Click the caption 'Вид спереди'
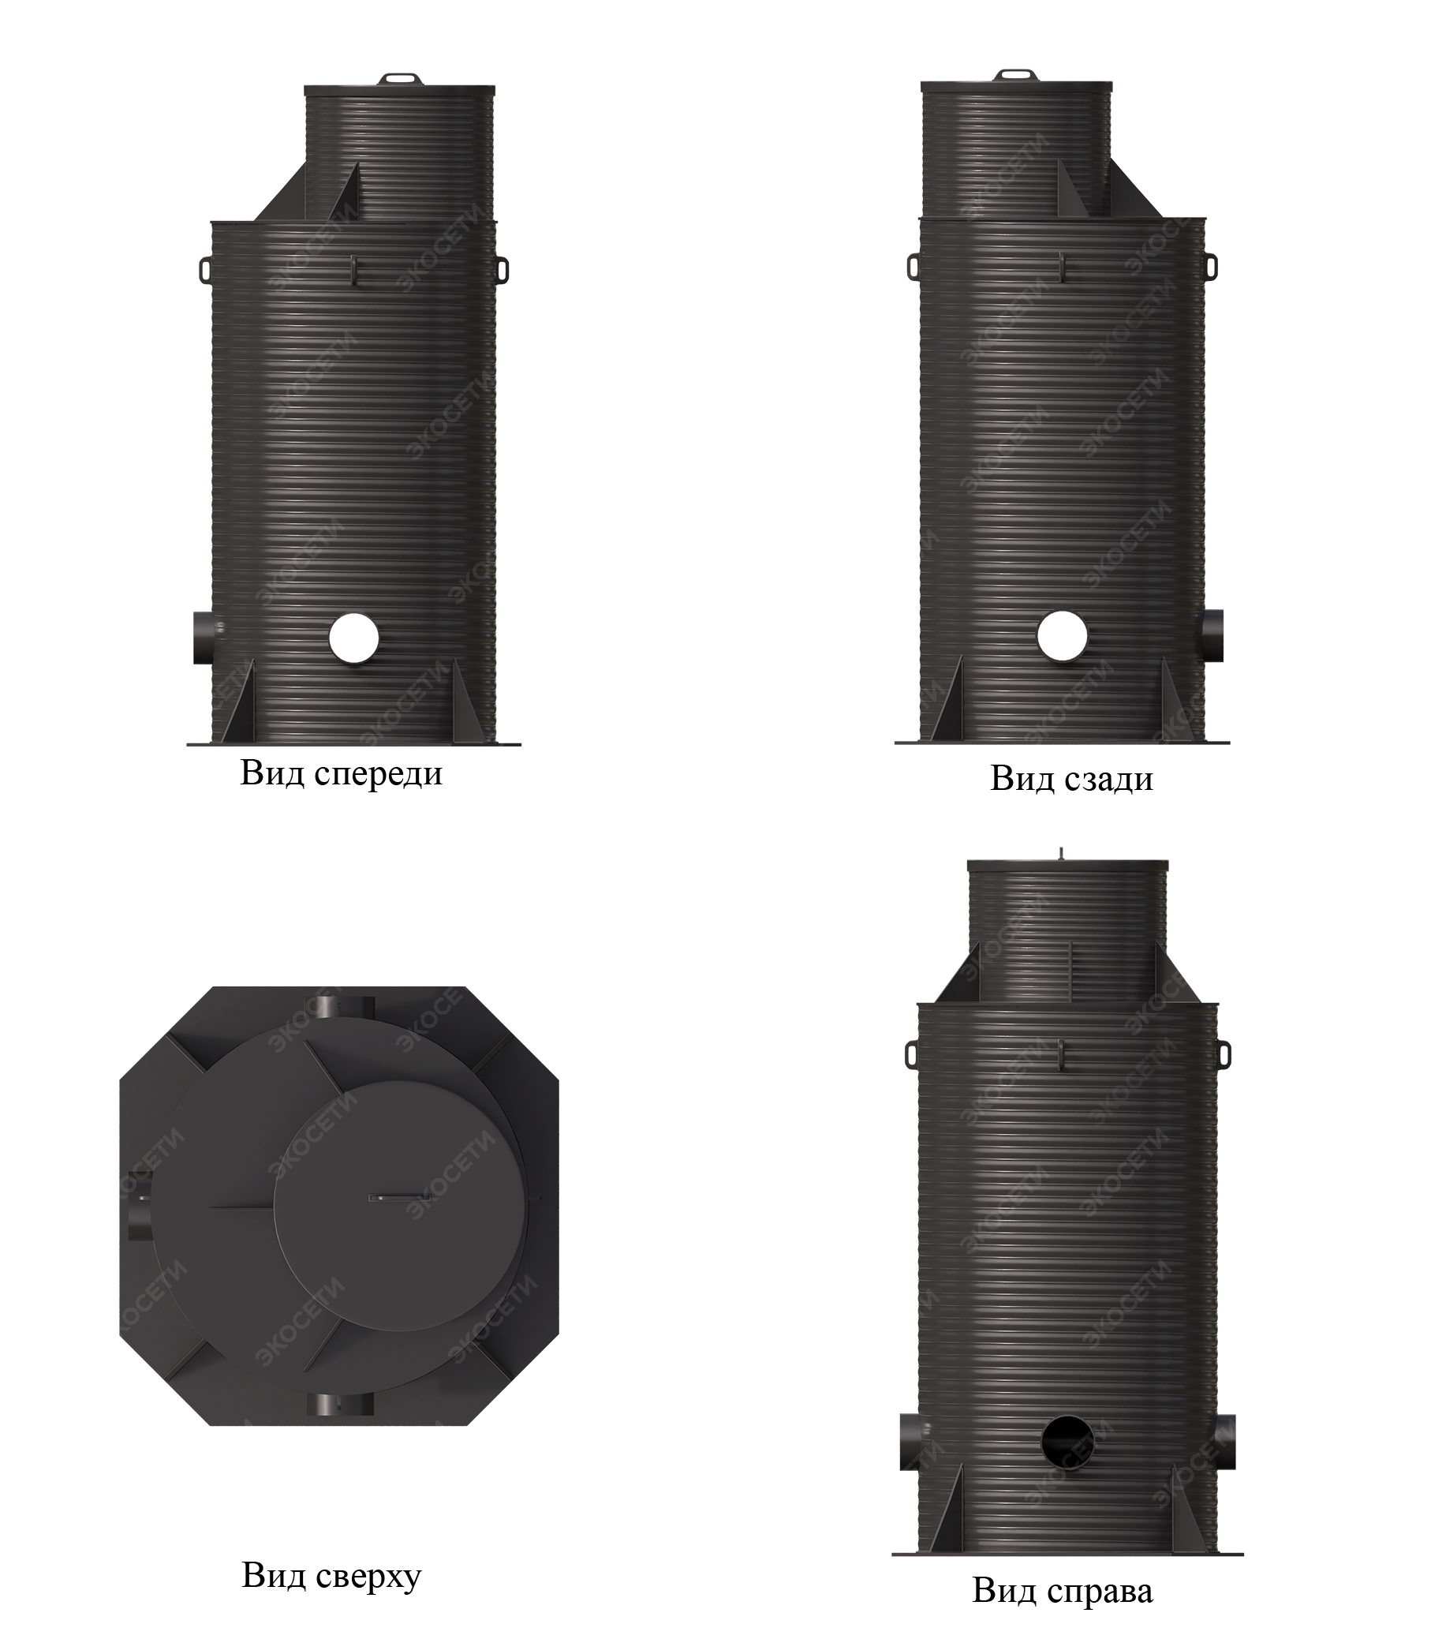pyautogui.click(x=341, y=775)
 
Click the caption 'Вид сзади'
pyautogui.click(x=1071, y=779)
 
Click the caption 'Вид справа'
pyautogui.click(x=1063, y=1570)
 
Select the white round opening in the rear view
pyautogui.click(x=1062, y=636)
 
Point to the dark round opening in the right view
pyautogui.click(x=1067, y=1439)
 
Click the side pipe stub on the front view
pyautogui.click(x=205, y=638)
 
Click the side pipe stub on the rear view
pyautogui.click(x=1211, y=635)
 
